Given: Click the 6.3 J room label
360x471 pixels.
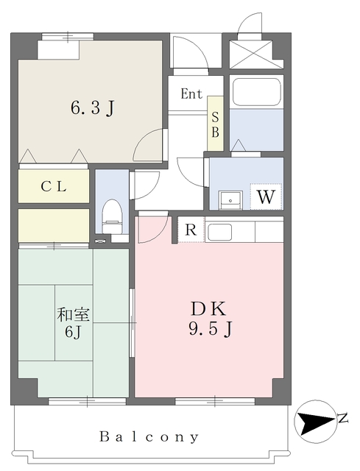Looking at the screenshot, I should click(x=91, y=108).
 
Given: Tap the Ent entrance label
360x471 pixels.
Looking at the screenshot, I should click(x=191, y=93).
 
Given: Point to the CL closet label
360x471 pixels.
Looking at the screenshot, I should click(x=54, y=187).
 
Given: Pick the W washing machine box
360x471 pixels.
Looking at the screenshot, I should click(x=266, y=196).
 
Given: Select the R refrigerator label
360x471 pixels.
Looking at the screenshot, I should click(x=191, y=230).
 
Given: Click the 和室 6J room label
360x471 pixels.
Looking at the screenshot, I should click(x=74, y=322).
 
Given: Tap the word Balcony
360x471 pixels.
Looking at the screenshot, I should click(x=149, y=437).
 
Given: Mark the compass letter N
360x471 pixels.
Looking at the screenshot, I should click(x=343, y=419).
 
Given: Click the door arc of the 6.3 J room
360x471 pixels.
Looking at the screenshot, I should click(x=149, y=144).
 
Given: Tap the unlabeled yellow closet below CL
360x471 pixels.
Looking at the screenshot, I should click(x=54, y=224).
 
